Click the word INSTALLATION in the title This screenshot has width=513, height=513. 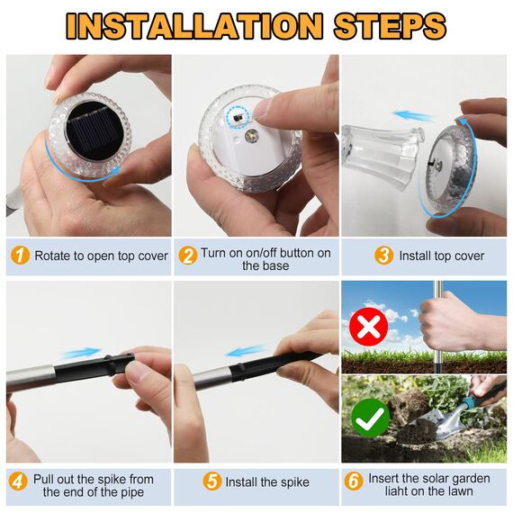[194, 26]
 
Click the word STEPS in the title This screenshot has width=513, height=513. [390, 26]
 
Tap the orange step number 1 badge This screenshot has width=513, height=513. [21, 256]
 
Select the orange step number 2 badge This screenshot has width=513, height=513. [188, 256]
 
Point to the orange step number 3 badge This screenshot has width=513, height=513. [383, 256]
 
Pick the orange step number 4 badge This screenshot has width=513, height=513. [18, 481]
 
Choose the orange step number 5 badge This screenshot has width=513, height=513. [212, 481]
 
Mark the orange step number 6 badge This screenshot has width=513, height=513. [354, 481]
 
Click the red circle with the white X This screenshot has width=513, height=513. [369, 326]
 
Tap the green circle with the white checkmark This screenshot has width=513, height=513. [371, 418]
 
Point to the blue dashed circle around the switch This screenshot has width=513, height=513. [238, 117]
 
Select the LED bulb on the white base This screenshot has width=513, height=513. [252, 135]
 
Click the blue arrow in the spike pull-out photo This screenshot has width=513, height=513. [81, 354]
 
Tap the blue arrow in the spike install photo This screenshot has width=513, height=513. [246, 351]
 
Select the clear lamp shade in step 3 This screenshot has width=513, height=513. [382, 153]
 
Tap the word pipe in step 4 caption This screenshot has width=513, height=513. [131, 492]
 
